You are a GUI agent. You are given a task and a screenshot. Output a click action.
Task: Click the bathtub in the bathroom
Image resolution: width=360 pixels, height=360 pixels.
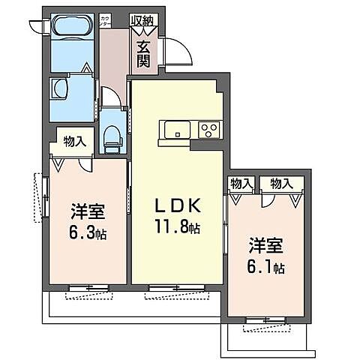tap(72, 28)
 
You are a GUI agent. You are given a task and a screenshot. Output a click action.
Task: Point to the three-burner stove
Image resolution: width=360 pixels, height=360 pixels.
tap(208, 130)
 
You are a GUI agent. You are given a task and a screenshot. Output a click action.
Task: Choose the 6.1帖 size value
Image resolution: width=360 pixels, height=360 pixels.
tap(266, 265)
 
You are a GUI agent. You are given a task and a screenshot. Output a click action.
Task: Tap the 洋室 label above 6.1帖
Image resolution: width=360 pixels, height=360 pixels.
tap(266, 244)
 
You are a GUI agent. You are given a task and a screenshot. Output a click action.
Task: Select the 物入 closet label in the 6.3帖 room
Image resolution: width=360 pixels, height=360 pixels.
tap(73, 140)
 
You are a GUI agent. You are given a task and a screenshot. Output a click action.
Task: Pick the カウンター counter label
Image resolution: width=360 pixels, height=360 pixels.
tap(105, 20)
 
